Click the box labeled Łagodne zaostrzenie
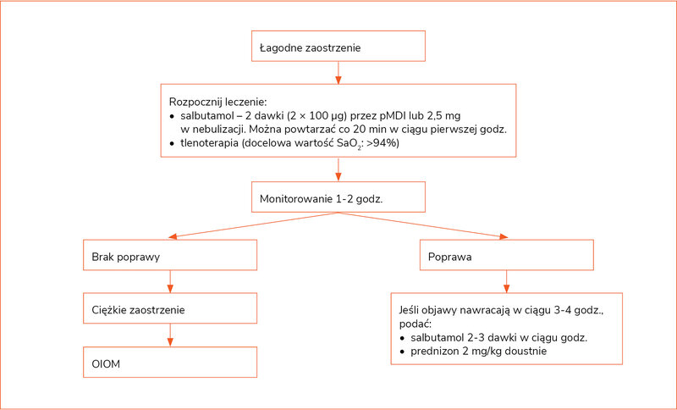click(x=338, y=46)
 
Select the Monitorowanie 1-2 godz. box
click(x=338, y=197)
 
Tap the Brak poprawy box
click(x=170, y=255)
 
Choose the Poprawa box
click(x=506, y=255)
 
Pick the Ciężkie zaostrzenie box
click(x=170, y=308)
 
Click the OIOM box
click(x=170, y=362)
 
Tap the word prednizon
click(x=432, y=351)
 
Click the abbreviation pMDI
click(x=393, y=116)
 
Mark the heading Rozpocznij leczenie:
click(x=218, y=102)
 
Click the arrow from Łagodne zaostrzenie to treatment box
click(x=338, y=73)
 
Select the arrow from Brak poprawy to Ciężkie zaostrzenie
click(x=170, y=282)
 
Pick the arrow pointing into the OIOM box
click(x=170, y=335)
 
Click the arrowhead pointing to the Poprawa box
click(x=503, y=236)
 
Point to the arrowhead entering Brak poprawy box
click(x=173, y=236)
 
